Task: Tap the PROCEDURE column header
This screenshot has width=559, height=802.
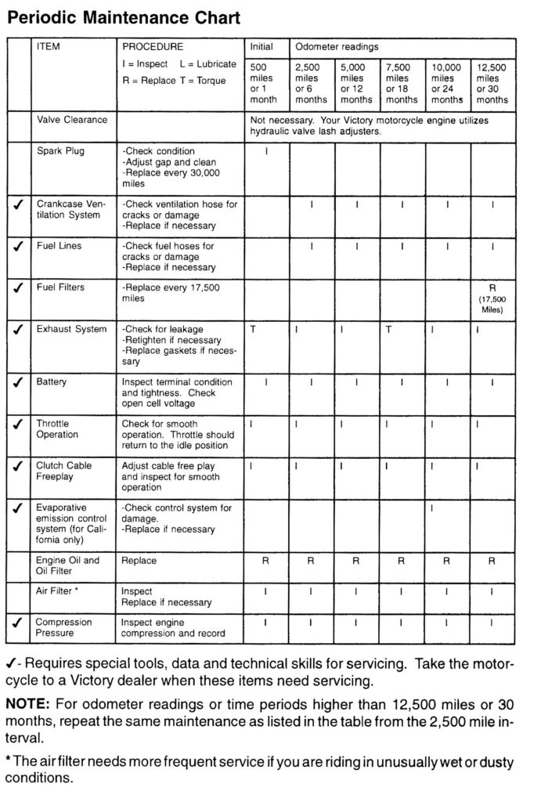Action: click(153, 47)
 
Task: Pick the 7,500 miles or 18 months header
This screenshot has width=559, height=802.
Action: click(402, 84)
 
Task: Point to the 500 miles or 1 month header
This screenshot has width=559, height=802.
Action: click(265, 84)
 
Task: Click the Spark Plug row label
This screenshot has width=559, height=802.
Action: click(60, 150)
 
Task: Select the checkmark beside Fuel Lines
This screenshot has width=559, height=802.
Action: click(18, 246)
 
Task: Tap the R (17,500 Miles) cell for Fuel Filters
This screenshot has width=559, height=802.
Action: click(492, 298)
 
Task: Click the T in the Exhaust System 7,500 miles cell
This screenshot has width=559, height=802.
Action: click(388, 330)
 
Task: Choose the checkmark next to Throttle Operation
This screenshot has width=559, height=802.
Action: click(18, 424)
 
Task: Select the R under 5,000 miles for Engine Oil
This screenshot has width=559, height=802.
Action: click(355, 561)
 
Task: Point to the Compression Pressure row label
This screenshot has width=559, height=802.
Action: click(63, 628)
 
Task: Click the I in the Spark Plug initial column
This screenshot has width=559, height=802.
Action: click(266, 151)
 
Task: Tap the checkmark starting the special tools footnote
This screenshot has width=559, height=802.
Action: click(12, 665)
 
